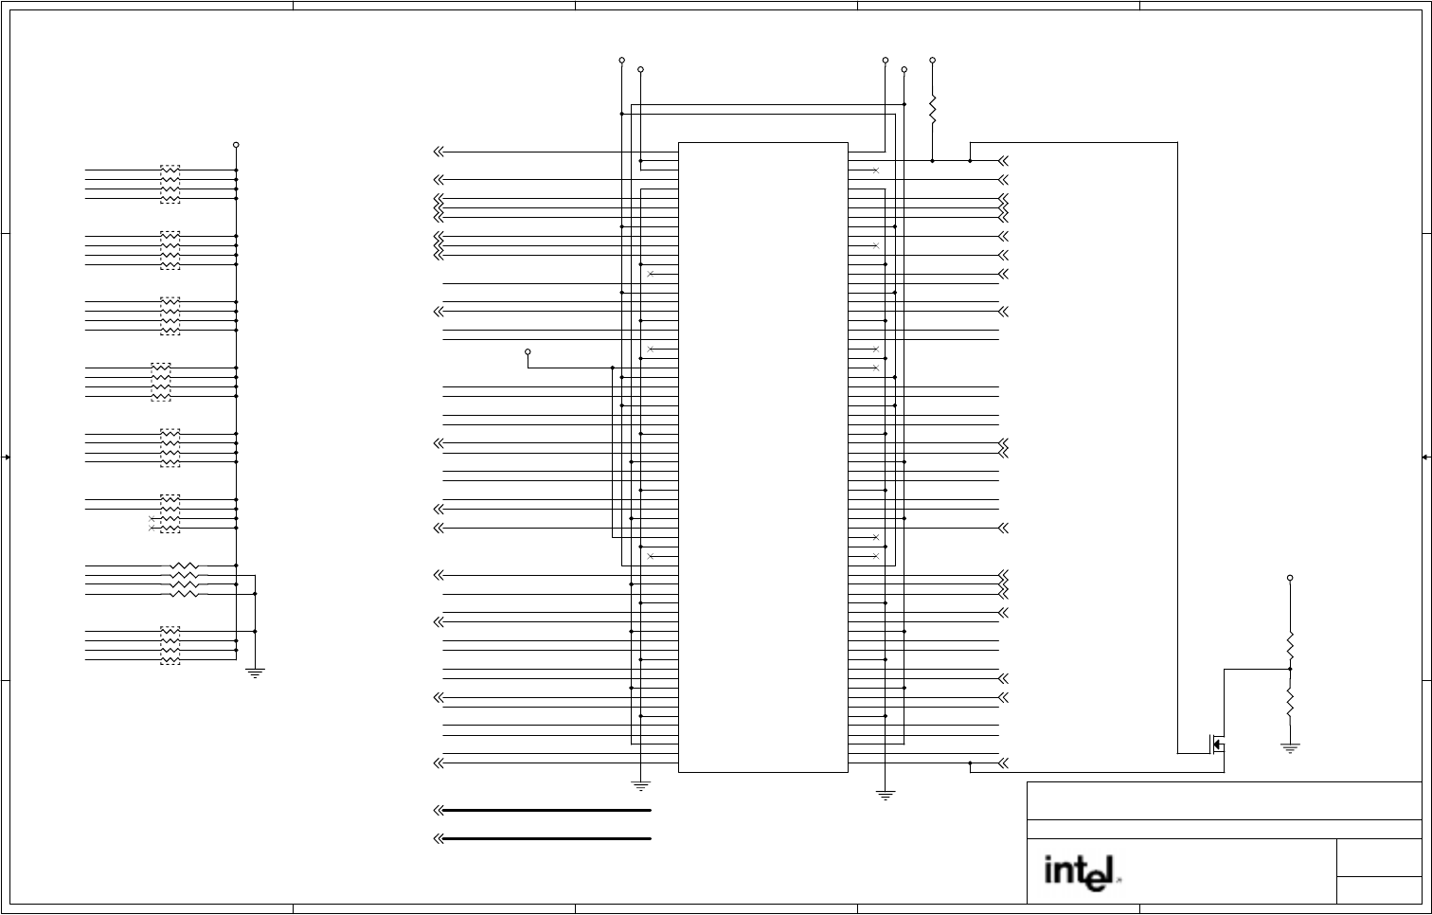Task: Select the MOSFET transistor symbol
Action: point(1216,744)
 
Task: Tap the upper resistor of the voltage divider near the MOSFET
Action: point(1290,646)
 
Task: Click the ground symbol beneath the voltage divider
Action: point(1290,747)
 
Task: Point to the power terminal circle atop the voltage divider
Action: point(1290,578)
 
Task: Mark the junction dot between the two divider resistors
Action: point(1290,669)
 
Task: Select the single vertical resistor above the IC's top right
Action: point(932,109)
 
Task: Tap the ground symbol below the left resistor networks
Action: point(256,673)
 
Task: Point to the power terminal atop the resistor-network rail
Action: point(236,145)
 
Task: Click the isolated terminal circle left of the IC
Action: point(528,351)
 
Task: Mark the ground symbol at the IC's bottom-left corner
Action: point(641,785)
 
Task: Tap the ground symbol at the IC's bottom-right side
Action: point(886,795)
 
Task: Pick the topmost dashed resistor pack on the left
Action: point(170,184)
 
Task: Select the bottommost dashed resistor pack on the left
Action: point(170,645)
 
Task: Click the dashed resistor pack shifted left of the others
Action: point(161,382)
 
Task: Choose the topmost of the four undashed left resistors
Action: point(186,565)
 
